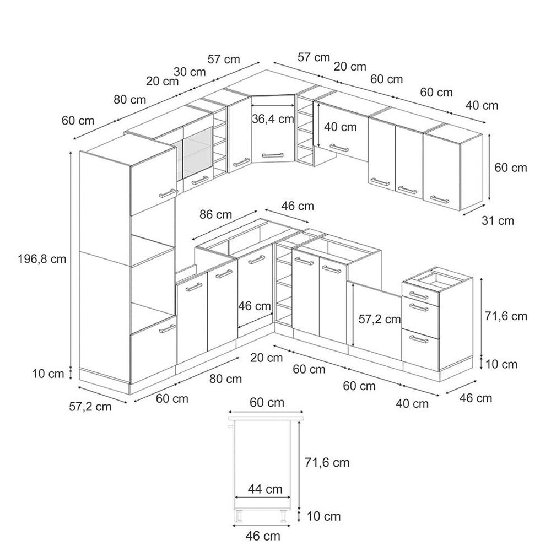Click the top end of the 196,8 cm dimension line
pyautogui.click(x=71, y=152)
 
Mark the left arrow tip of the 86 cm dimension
pyautogui.click(x=192, y=240)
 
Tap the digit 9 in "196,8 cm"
pyautogui.click(x=29, y=260)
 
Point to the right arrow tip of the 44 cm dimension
pyautogui.click(x=291, y=497)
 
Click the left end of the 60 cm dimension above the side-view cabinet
pyautogui.click(x=229, y=412)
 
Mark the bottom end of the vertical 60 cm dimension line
pyautogui.click(x=489, y=201)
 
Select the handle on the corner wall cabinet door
pyautogui.click(x=273, y=155)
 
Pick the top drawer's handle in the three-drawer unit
pyautogui.click(x=419, y=295)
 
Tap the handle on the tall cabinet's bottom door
pyautogui.click(x=167, y=329)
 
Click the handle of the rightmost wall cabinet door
pyautogui.click(x=440, y=199)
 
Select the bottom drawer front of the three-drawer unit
pyautogui.click(x=420, y=350)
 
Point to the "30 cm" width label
pyautogui.click(x=190, y=72)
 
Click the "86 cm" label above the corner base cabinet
pyautogui.click(x=216, y=214)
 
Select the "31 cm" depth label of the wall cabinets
pyautogui.click(x=498, y=221)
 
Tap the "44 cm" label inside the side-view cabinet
pyautogui.click(x=265, y=489)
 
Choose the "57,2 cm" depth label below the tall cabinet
pyautogui.click(x=90, y=407)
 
